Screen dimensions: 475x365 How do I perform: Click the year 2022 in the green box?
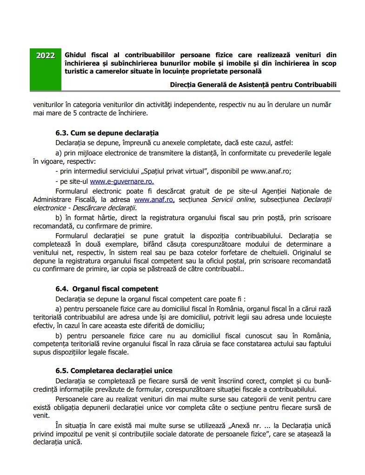(x=45, y=56)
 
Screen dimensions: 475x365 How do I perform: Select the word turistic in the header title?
(x=78, y=71)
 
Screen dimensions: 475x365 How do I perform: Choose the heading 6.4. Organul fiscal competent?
(x=107, y=289)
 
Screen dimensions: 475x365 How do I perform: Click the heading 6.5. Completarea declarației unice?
(x=113, y=371)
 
